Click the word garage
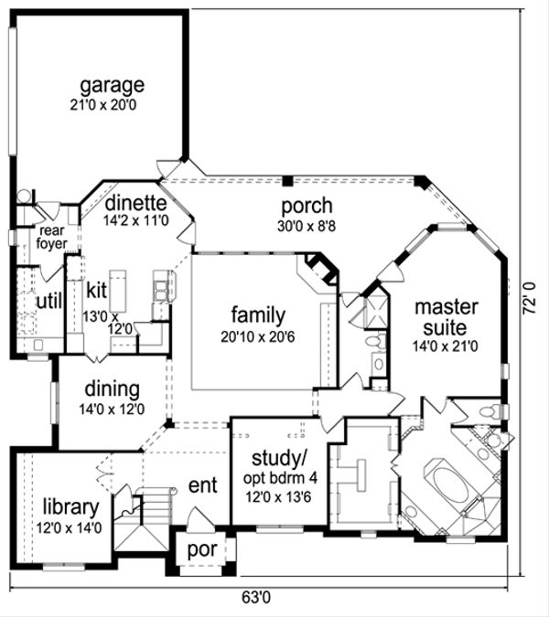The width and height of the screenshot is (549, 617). tap(112, 86)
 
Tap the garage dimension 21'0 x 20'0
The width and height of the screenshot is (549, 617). tap(112, 104)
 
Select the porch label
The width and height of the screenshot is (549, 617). tap(307, 206)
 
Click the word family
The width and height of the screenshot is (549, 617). tap(257, 315)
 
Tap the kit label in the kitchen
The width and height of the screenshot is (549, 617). tap(98, 291)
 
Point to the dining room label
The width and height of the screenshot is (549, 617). tap(113, 390)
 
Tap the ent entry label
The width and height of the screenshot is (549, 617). tap(202, 484)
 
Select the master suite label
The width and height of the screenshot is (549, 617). tap(440, 316)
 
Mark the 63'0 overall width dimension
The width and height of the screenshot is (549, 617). tap(254, 599)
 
